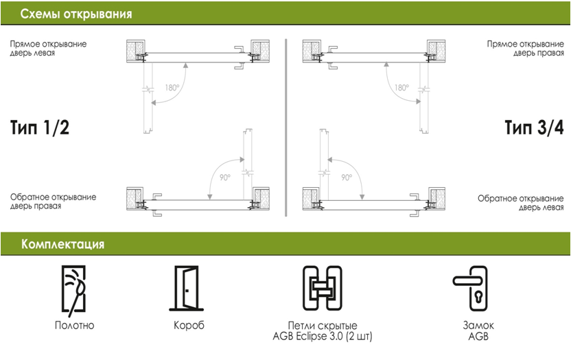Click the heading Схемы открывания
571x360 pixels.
(x=75, y=14)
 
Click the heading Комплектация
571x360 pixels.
(x=62, y=243)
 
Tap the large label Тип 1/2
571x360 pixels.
(x=40, y=128)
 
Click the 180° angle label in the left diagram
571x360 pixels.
(x=172, y=88)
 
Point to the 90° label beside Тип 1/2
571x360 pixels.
(x=225, y=177)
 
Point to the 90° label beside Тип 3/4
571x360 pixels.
(x=347, y=177)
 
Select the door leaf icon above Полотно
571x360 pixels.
(x=74, y=289)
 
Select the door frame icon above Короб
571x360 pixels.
(x=185, y=289)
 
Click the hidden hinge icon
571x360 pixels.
(x=322, y=289)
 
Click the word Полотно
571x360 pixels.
(x=74, y=325)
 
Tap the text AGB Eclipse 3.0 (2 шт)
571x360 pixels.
(x=322, y=336)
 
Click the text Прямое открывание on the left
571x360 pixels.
(x=48, y=43)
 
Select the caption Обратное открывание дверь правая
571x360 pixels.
(x=53, y=202)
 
